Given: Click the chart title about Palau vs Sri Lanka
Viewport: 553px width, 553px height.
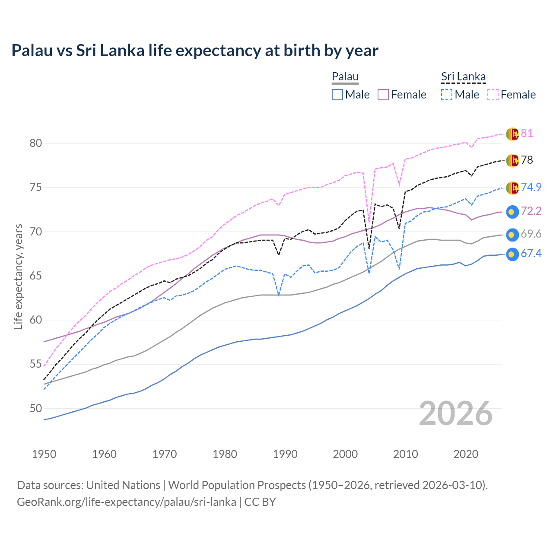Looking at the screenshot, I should tap(195, 51).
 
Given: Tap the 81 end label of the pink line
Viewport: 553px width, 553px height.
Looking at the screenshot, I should tap(527, 133).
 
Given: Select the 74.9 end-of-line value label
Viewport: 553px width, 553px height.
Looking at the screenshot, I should tap(531, 187).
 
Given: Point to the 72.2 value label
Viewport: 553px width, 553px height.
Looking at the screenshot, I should tap(531, 211).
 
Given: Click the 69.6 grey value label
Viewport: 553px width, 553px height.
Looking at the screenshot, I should tap(531, 234).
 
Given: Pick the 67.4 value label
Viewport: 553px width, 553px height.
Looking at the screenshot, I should tap(531, 253).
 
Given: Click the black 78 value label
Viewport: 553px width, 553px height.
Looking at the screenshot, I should tap(527, 160).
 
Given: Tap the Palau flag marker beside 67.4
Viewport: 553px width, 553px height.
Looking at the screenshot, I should tap(512, 254).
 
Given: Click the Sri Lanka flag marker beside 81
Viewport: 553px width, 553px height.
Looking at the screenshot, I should tap(512, 134).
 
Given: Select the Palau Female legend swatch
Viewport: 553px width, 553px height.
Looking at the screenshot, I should tap(383, 95).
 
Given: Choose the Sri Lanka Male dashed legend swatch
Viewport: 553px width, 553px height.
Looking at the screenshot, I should tap(447, 95).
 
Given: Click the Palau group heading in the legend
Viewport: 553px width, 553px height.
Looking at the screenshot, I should tap(345, 76).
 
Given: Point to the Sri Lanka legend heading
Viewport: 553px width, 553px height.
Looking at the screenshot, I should tap(463, 76).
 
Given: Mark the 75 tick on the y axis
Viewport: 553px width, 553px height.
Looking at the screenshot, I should tap(36, 188).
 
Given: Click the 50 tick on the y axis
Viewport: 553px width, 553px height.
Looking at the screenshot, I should tap(36, 408).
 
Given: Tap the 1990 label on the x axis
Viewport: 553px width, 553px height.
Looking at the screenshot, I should tap(285, 454).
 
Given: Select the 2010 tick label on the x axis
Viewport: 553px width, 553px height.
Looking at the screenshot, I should tap(406, 454).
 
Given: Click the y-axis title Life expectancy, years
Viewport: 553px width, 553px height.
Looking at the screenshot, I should tap(18, 276).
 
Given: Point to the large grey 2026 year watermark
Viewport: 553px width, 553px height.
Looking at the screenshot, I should tap(455, 413).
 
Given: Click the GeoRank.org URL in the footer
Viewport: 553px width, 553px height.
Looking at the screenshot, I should tap(126, 502).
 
